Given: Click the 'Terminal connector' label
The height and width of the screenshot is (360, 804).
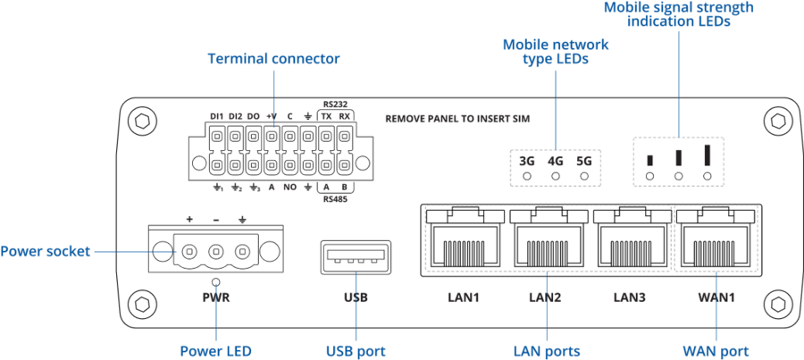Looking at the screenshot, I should point(273,60).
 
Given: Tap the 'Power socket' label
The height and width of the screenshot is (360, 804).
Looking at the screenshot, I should point(45,252).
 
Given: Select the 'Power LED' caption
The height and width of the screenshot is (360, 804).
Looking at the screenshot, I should point(215,351).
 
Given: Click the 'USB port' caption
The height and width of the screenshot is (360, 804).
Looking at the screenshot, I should point(356,351).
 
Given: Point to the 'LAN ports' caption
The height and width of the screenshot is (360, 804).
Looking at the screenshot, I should point(547,351).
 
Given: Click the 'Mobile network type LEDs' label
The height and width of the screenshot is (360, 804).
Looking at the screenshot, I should point(556,51).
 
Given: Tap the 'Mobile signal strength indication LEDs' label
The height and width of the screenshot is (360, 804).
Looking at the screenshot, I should point(679,13).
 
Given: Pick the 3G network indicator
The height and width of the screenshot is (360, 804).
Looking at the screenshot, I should point(526,162).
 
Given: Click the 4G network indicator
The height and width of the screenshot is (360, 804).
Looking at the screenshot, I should point(556,162).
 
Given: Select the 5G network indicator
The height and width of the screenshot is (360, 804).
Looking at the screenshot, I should point(584,162).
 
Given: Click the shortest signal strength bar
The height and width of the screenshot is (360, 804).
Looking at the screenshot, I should point(650,161).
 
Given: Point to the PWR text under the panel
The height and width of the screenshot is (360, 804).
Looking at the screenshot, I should point(216,297).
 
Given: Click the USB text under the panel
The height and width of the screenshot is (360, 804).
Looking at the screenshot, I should point(356,297).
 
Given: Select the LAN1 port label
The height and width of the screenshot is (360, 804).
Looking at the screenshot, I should point(463,297).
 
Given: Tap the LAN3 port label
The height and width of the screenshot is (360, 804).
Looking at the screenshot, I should point(630,297).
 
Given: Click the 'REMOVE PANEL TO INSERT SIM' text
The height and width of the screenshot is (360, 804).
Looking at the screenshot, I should point(451,118).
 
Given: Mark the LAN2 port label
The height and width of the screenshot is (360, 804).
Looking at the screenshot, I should point(545,297).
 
